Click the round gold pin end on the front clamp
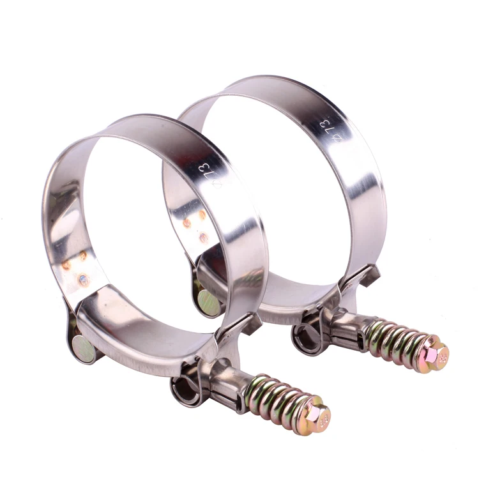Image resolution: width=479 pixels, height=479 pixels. coord(82,347)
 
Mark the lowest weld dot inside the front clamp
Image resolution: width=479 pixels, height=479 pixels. coord(84,278)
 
